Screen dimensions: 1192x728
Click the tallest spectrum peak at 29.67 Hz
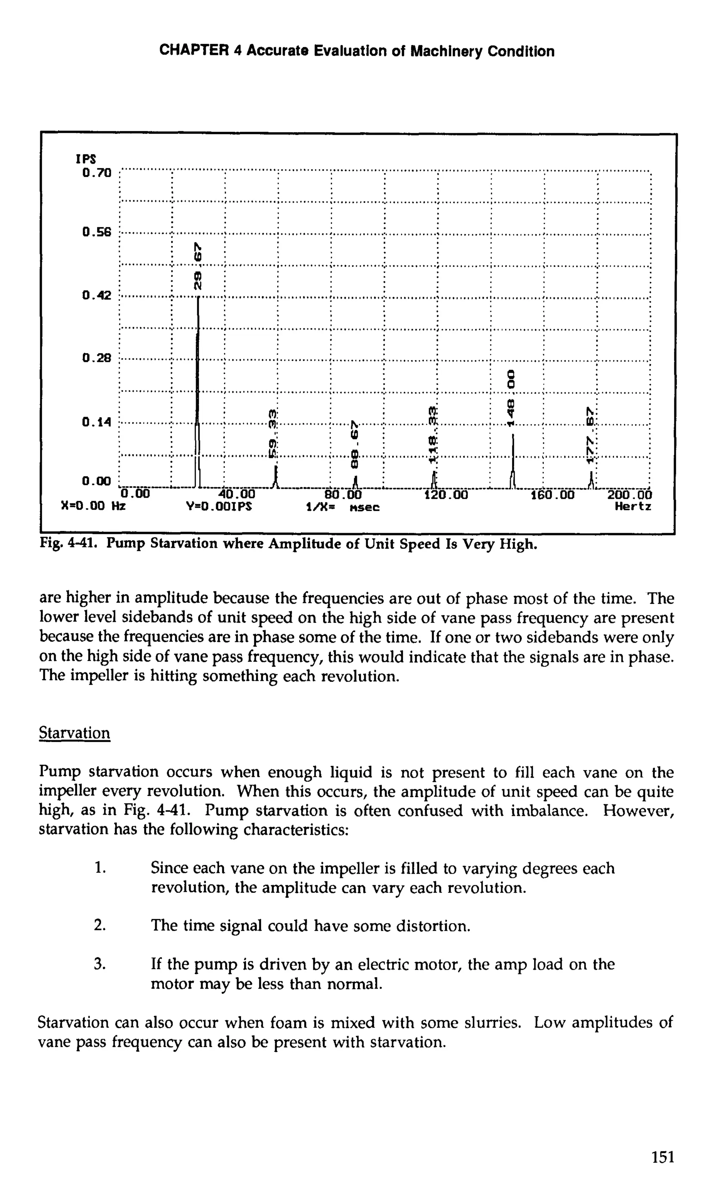[x=198, y=387]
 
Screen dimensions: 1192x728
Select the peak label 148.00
[x=510, y=398]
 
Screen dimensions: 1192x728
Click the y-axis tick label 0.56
[x=97, y=232]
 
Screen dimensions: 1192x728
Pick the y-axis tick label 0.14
[x=97, y=422]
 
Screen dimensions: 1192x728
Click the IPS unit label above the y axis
[x=86, y=159]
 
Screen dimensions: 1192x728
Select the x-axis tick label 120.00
[x=446, y=495]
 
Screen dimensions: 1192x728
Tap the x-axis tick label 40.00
[x=236, y=495]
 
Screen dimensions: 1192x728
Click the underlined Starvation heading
[x=75, y=733]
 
